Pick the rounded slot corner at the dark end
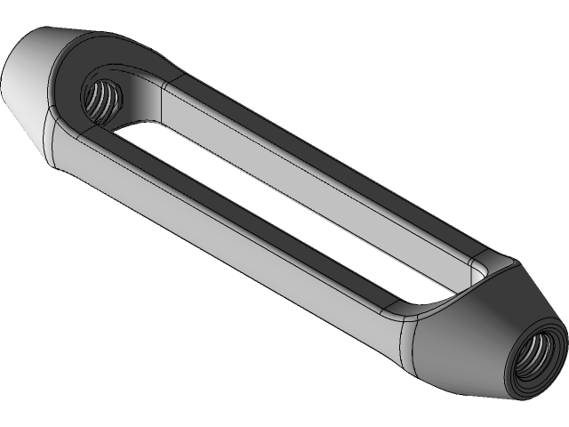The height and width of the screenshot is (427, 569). pos(480,267)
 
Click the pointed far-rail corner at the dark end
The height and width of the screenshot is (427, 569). pos(514,261)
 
